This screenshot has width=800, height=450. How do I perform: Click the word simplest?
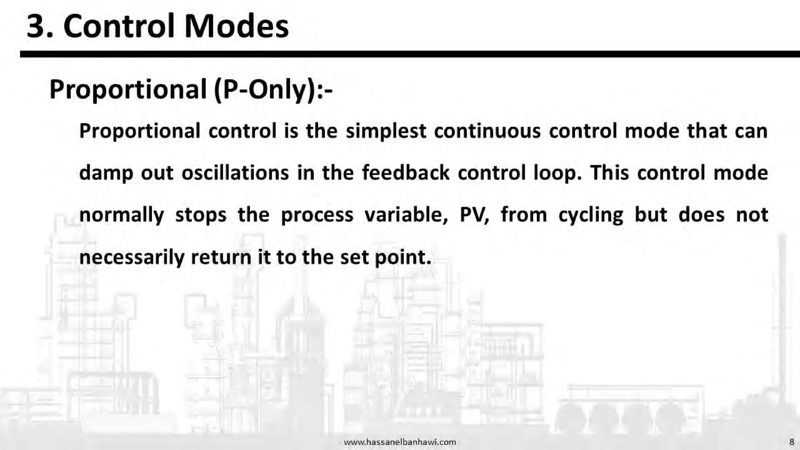[386, 131]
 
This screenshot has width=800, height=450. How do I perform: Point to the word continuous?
[487, 131]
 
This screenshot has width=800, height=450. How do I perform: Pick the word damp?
[106, 173]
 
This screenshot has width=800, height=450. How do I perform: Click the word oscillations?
[235, 173]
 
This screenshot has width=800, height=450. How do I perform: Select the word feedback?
[405, 173]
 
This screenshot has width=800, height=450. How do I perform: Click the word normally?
[121, 215]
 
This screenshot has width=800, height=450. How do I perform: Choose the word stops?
[201, 215]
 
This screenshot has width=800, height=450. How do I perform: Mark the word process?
[317, 215]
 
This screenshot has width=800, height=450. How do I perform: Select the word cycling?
[591, 215]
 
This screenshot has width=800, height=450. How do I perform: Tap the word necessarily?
[132, 257]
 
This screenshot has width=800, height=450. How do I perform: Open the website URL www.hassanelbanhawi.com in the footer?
[400, 442]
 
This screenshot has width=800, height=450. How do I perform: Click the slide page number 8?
[791, 442]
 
